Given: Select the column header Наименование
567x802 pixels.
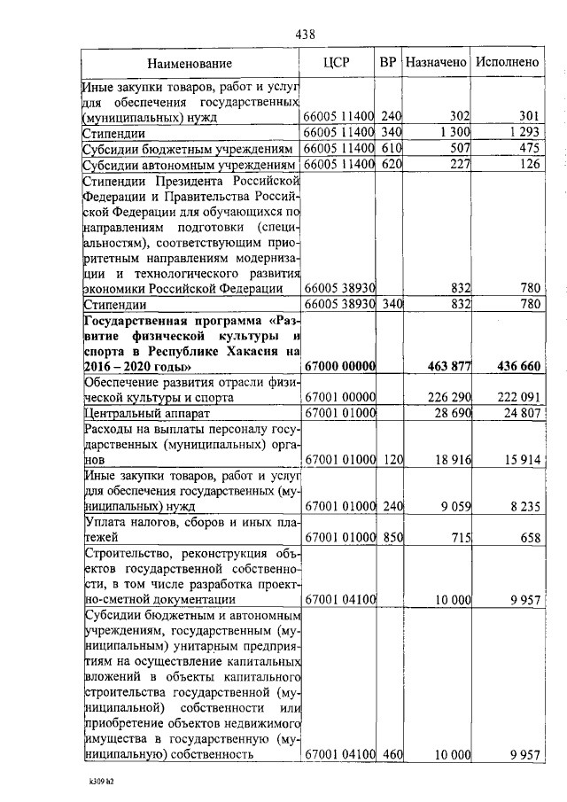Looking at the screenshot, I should (190, 63).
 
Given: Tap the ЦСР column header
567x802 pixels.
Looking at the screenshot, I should (338, 62).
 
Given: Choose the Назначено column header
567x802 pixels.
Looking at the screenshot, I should (436, 62).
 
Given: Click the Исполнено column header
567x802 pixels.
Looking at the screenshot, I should (507, 62).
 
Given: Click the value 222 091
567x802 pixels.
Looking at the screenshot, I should (516, 398).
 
